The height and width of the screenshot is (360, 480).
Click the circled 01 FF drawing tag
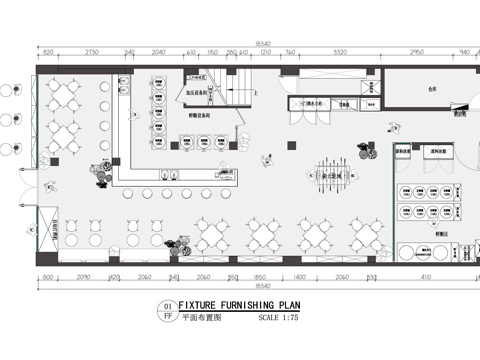[167, 313]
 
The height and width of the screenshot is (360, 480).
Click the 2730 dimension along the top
[92, 50]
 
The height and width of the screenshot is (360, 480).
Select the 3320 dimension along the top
[340, 50]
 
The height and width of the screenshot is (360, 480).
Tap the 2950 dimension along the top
[416, 50]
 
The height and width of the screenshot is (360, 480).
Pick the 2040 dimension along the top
[159, 50]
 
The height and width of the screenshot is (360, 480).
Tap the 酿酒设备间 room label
[197, 115]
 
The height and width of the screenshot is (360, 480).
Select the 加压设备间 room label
[196, 93]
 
